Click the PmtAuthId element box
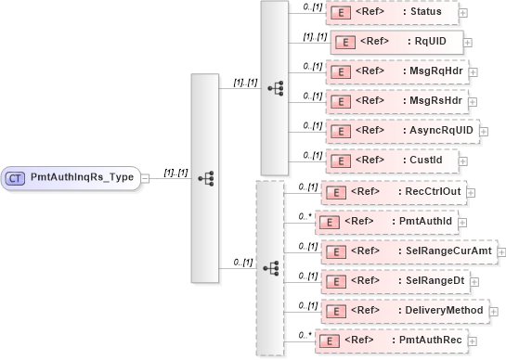click(x=384, y=222)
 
